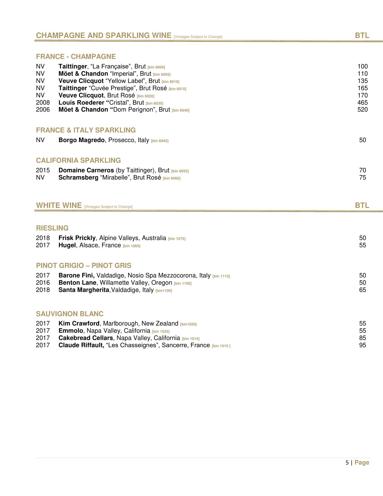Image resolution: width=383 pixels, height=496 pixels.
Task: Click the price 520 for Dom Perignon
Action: click(x=362, y=110)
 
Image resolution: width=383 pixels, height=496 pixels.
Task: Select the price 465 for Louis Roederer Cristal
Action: click(x=362, y=103)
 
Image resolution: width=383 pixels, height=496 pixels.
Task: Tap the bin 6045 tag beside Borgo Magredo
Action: click(x=159, y=141)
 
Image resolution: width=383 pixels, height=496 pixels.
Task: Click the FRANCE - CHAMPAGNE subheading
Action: click(x=76, y=57)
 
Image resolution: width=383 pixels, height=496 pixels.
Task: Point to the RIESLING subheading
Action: click(x=52, y=228)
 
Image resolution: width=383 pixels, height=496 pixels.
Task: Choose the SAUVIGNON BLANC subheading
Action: click(x=70, y=314)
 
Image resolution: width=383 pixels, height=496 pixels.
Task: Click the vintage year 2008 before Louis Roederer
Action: click(x=43, y=103)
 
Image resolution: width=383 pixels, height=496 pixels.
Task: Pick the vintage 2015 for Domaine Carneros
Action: click(x=43, y=170)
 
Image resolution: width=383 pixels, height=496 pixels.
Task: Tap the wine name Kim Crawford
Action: click(x=79, y=323)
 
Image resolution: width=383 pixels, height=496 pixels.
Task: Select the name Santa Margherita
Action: click(x=84, y=290)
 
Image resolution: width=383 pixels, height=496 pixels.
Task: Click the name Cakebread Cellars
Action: click(x=86, y=338)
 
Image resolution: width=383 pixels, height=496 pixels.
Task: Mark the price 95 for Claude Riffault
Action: click(x=362, y=345)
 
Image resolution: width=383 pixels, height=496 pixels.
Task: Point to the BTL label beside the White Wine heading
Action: click(x=362, y=205)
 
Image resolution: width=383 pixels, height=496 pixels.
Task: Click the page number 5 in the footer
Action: click(x=347, y=463)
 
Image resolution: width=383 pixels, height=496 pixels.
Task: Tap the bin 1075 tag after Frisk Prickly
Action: click(x=177, y=239)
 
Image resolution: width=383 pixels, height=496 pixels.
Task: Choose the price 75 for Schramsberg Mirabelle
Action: click(x=362, y=177)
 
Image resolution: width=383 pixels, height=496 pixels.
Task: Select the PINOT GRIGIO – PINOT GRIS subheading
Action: click(x=84, y=266)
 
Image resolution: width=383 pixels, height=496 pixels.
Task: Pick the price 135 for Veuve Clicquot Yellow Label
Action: click(x=362, y=81)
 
